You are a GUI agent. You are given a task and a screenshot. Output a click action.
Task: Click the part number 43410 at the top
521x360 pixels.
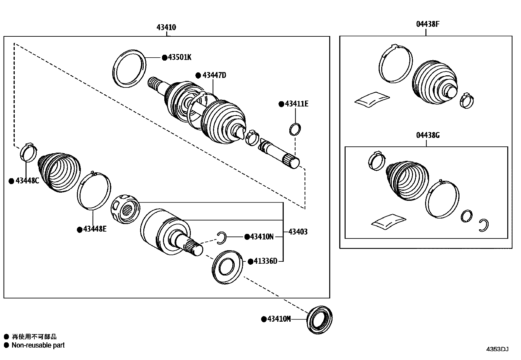166,27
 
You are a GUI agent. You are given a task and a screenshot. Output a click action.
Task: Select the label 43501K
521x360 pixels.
179,57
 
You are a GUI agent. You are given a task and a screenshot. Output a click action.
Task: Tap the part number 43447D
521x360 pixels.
214,75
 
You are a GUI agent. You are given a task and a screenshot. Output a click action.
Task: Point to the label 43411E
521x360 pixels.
296,104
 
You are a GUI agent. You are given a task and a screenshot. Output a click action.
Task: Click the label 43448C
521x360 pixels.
27,181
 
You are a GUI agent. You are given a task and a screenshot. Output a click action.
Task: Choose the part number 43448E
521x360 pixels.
95,229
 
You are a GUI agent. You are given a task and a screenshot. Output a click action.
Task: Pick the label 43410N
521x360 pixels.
261,237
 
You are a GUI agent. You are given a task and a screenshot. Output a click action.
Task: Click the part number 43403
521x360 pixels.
298,232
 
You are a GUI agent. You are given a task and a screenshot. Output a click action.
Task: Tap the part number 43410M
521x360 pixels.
279,319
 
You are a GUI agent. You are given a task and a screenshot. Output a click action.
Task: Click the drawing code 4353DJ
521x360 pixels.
497,349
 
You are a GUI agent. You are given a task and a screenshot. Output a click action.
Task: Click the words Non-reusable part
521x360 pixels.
38,345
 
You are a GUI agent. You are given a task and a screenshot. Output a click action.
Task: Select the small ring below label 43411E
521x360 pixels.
295,129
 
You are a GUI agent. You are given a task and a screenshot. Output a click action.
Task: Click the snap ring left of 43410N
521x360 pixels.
222,237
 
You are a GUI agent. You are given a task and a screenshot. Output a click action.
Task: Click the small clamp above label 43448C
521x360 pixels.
28,152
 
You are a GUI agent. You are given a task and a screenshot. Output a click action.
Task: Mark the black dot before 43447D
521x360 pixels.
198,75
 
